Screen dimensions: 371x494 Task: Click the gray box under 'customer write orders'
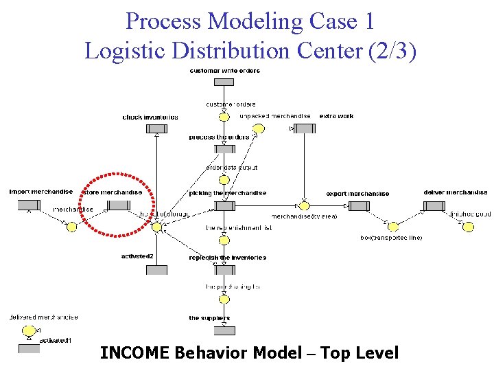point(224,82)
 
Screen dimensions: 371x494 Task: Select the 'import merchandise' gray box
point(28,205)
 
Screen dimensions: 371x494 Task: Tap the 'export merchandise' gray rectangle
point(359,205)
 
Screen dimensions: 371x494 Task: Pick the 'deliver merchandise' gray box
point(434,205)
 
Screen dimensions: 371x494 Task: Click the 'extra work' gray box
point(304,127)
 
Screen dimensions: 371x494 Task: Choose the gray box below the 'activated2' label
point(156,270)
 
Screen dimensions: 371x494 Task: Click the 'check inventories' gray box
point(157,128)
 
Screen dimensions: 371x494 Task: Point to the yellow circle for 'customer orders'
point(224,117)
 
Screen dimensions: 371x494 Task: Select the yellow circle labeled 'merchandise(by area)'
point(304,205)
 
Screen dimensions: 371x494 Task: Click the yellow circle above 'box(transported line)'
point(393,227)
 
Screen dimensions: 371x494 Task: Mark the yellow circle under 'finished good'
point(469,227)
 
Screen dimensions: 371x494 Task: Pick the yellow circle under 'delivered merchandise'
point(30,330)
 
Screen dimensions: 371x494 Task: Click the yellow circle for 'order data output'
point(224,180)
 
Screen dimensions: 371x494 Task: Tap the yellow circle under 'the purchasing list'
point(224,299)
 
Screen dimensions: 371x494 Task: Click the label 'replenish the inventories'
point(227,258)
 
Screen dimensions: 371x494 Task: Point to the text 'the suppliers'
point(209,318)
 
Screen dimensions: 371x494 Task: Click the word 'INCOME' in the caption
point(134,353)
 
